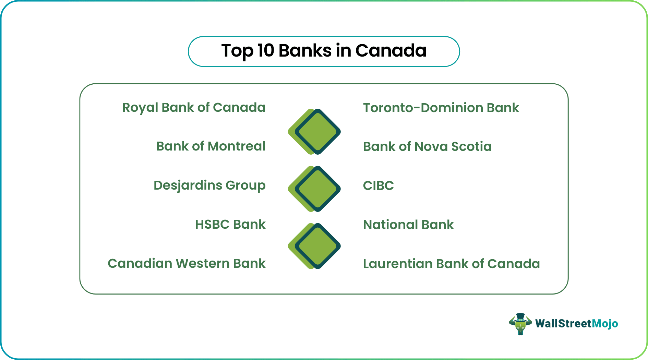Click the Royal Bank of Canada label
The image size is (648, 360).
(x=194, y=108)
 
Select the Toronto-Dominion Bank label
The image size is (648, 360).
(x=441, y=108)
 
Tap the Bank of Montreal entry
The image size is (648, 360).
(x=211, y=146)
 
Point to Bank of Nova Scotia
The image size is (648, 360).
(x=427, y=147)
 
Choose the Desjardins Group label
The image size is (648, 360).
(x=209, y=185)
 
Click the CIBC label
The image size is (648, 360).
(x=378, y=186)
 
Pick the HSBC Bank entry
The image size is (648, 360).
(x=230, y=225)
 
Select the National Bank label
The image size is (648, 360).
(x=408, y=225)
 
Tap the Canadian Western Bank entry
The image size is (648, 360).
(x=187, y=264)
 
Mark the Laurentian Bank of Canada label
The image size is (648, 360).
(x=452, y=264)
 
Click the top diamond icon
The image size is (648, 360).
(x=314, y=132)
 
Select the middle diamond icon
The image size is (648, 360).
(x=314, y=189)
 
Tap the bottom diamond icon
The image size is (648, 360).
(x=314, y=246)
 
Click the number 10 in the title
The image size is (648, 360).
(x=266, y=51)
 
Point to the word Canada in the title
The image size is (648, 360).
(x=391, y=51)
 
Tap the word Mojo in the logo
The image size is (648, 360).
(x=605, y=324)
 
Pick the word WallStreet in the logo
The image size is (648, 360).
(x=564, y=324)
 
